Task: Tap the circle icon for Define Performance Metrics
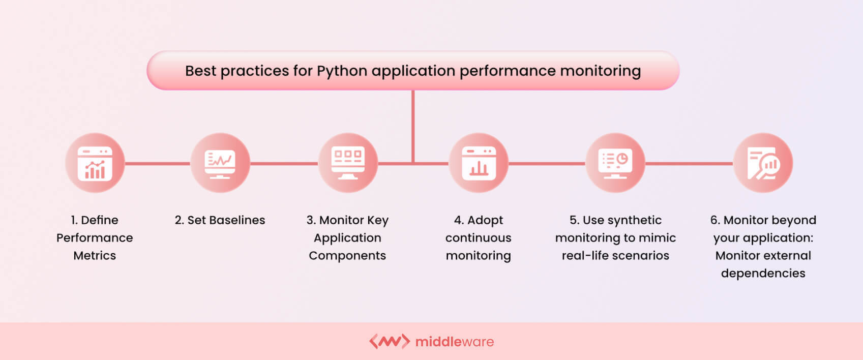coord(95,163)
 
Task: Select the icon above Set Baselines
coord(220,163)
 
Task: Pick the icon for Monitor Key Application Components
coord(348,163)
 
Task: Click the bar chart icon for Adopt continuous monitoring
coord(479,163)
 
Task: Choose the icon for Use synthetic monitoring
coord(615,163)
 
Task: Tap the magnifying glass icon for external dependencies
coord(763,163)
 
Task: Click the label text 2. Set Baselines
coord(220,220)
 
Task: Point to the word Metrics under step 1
coord(95,256)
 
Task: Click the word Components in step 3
coord(347,256)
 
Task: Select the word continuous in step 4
coord(478,238)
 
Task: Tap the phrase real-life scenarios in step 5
coord(615,256)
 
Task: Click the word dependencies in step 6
coord(763,274)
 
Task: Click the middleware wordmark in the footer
coord(454,342)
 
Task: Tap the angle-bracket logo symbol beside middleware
coord(389,341)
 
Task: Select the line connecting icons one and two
coord(158,164)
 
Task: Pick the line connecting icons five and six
coord(689,164)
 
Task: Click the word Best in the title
coord(200,71)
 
